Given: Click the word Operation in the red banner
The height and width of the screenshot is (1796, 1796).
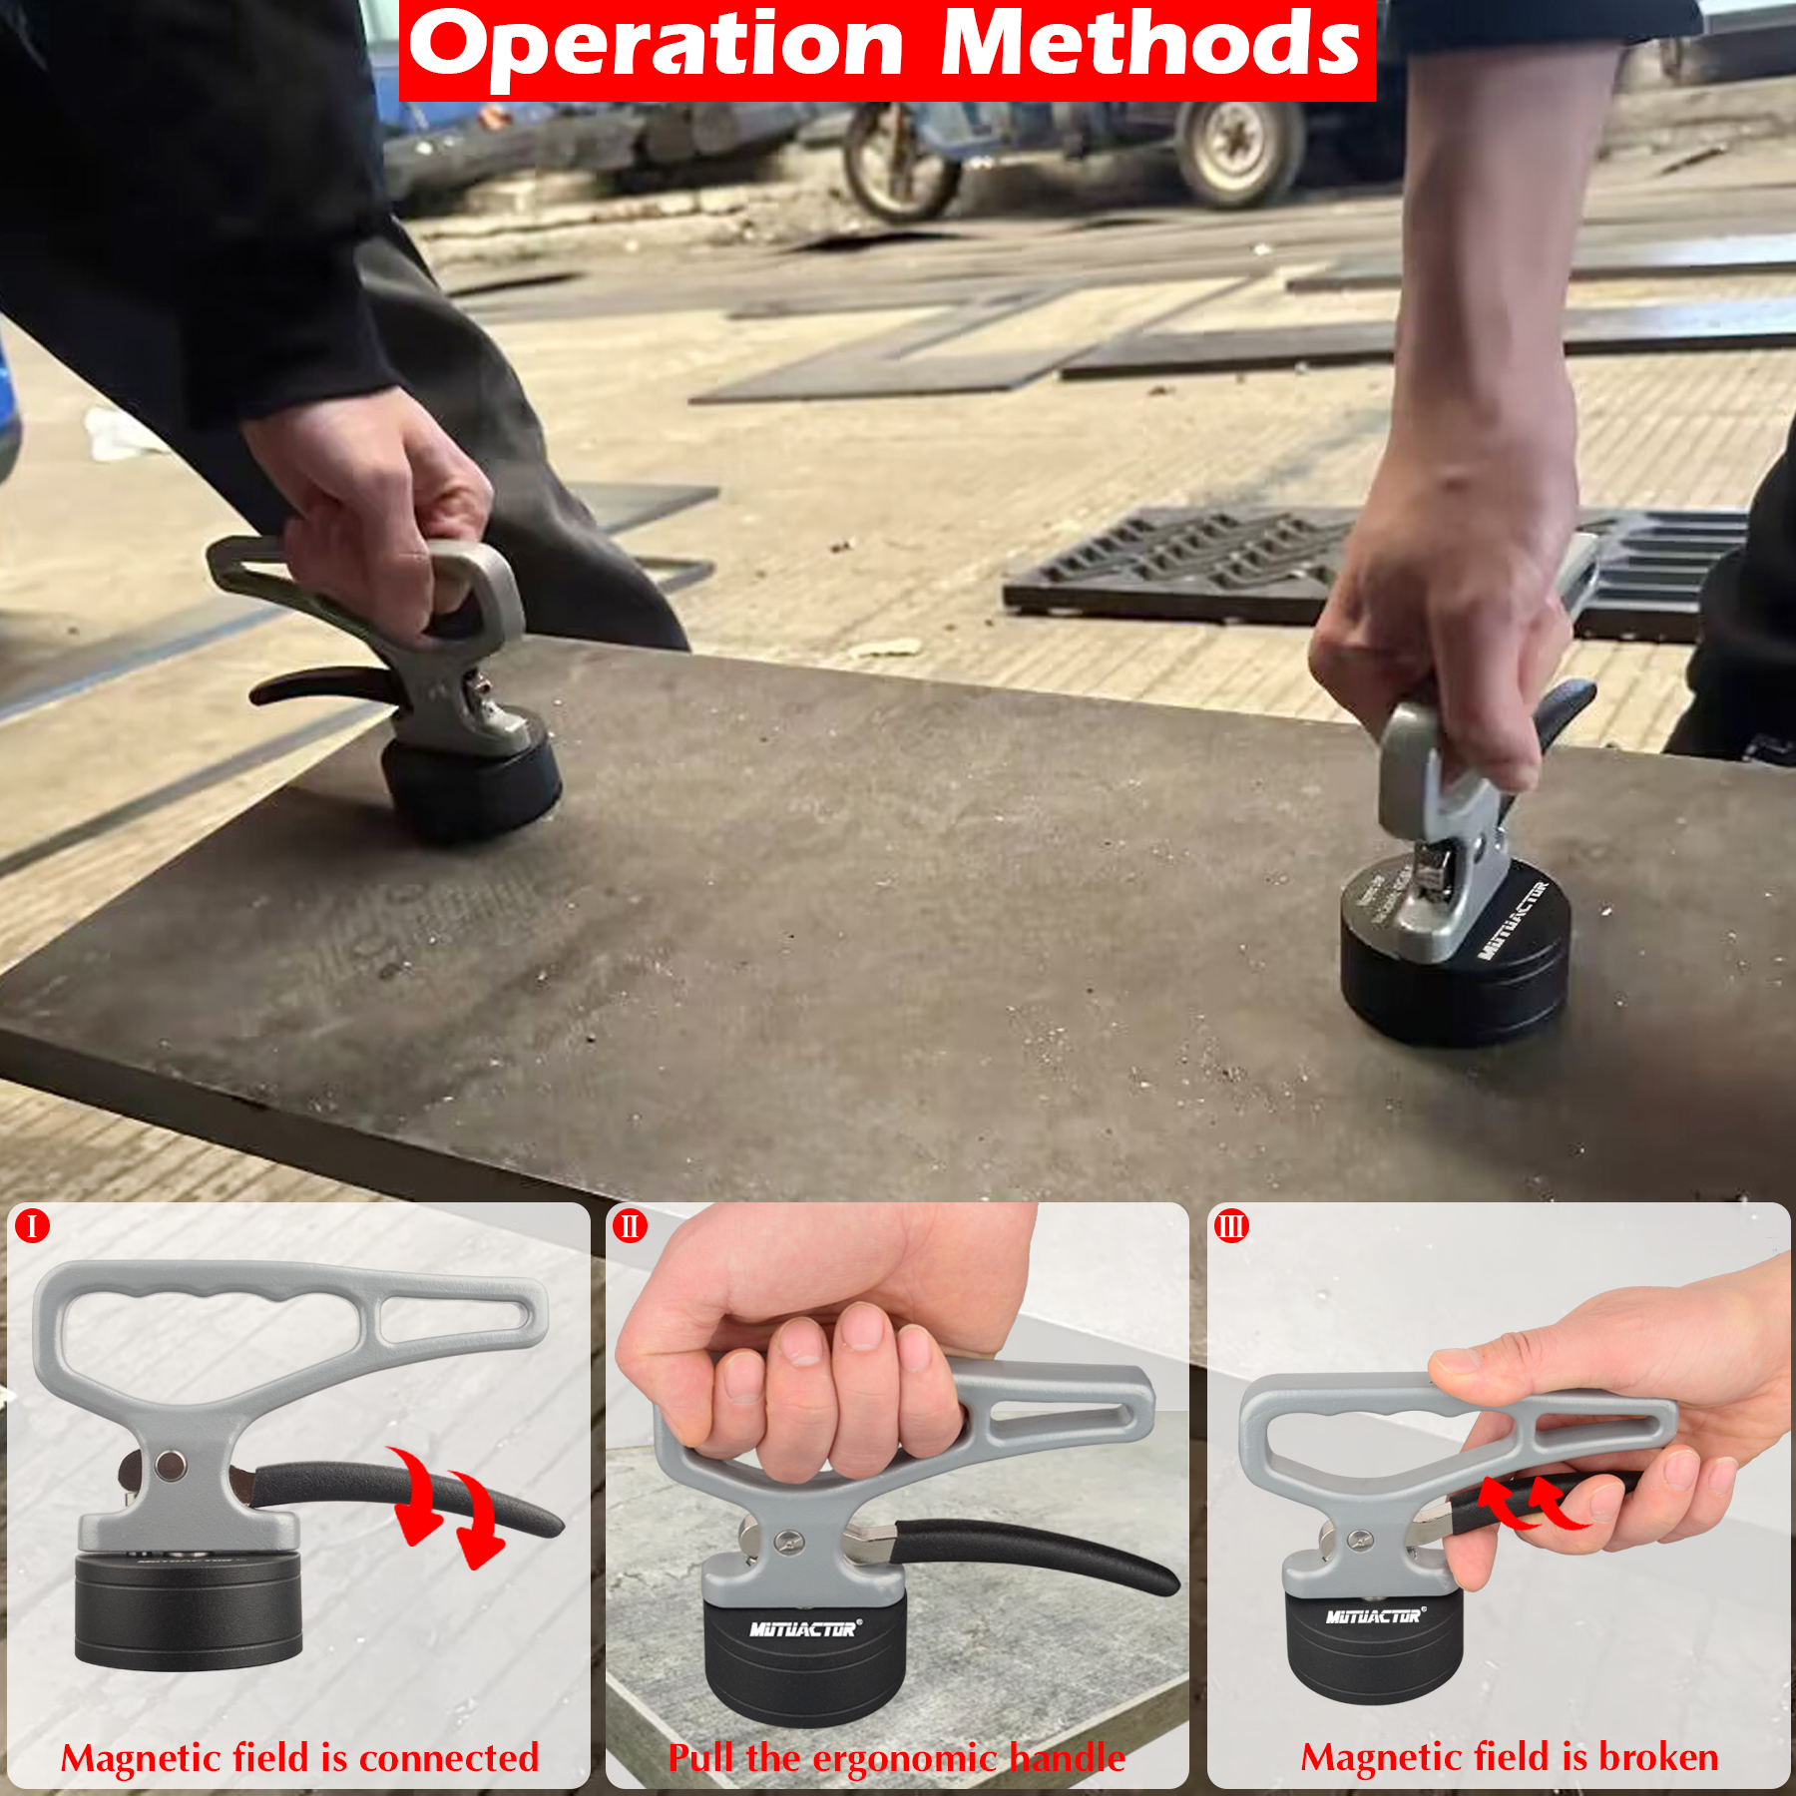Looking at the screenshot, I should (x=656, y=45).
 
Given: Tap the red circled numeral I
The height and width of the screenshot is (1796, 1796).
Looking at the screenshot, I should (x=32, y=1225).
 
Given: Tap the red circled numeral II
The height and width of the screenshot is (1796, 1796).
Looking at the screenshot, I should (x=630, y=1225).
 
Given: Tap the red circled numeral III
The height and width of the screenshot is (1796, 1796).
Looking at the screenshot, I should (x=1231, y=1225).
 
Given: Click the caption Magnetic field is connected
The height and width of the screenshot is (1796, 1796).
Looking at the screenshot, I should (x=299, y=1758).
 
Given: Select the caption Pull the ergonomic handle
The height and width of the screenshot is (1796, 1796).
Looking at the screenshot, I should (x=896, y=1758).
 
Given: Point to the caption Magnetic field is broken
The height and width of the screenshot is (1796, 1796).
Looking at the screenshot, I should (x=1509, y=1757).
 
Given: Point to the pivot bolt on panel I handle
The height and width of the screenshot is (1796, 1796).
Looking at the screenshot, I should (x=171, y=1466).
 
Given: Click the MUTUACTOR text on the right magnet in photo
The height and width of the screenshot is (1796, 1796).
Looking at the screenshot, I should (x=1513, y=920).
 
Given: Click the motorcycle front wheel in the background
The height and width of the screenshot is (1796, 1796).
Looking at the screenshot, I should (x=898, y=165).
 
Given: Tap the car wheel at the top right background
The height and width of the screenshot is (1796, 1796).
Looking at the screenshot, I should (x=1237, y=150).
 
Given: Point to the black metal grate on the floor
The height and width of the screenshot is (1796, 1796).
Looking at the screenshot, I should (x=1197, y=564).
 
